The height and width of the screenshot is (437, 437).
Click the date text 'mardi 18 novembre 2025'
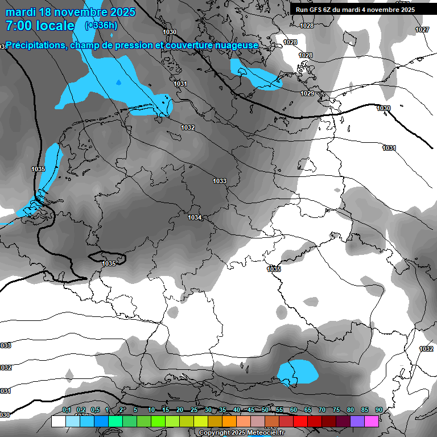coord(70,12)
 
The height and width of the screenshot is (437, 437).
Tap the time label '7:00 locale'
coord(40,26)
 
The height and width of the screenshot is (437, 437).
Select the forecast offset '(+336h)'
coord(101,26)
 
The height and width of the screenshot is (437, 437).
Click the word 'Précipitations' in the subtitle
coord(36,45)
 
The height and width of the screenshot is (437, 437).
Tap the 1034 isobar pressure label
coord(195,217)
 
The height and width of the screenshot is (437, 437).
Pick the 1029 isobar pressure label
coord(307,93)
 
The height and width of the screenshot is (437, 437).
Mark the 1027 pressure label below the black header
coord(422,30)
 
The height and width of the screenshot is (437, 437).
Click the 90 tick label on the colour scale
coord(378,410)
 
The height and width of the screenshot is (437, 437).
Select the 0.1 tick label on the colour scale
coord(67,410)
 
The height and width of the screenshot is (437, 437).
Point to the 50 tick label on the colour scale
coord(265,410)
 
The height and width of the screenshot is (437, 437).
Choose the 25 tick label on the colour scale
coord(194,410)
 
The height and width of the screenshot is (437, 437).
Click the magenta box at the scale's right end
coord(372,421)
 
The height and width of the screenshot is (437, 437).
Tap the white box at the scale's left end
coord(58,421)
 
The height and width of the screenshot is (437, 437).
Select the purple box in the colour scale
coord(357,421)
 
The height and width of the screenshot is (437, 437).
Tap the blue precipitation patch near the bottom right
coord(297,371)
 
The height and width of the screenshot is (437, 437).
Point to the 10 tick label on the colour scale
coord(151,410)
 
